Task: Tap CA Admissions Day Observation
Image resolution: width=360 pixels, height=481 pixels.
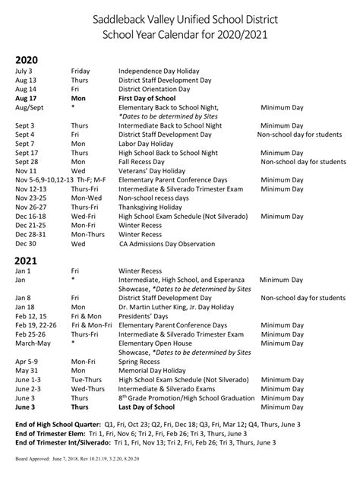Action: (x=172, y=244)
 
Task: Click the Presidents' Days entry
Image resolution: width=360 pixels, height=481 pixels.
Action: (x=144, y=316)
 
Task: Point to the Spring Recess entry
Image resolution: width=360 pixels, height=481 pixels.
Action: (x=142, y=362)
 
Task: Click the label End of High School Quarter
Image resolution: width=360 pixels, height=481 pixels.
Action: (x=62, y=423)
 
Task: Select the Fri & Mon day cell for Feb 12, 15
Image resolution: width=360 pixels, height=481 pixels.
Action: (x=87, y=316)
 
